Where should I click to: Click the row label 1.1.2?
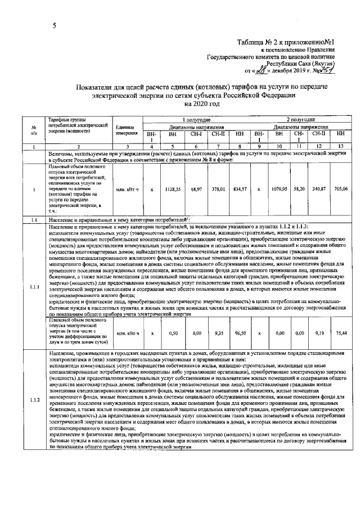click(34, 400)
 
